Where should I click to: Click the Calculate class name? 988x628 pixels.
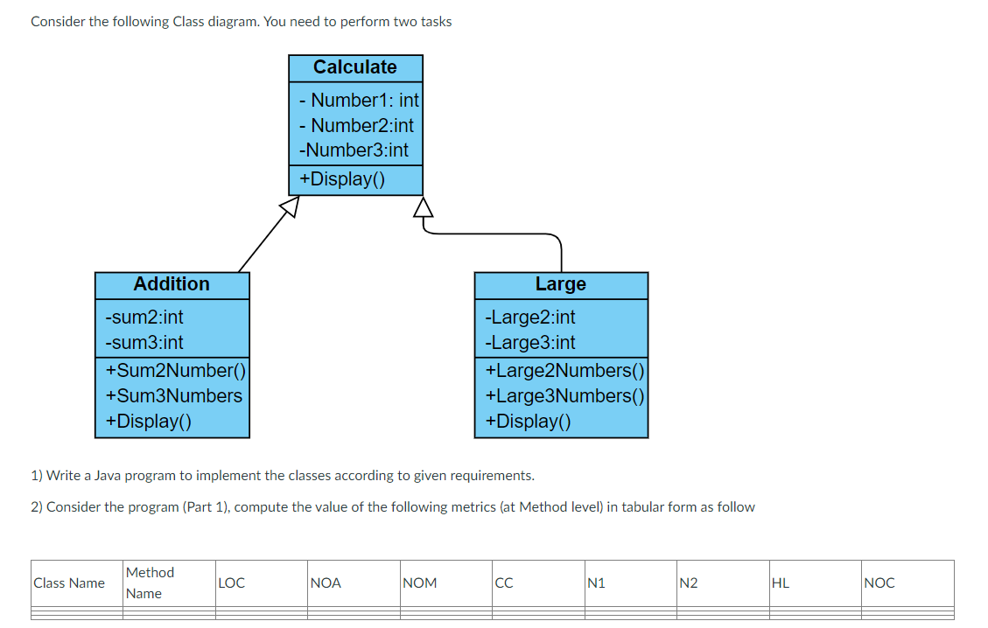click(x=355, y=67)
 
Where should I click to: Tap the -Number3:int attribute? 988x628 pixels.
click(x=354, y=150)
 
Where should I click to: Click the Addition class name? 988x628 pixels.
click(x=172, y=284)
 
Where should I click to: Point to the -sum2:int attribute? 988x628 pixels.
click(x=144, y=317)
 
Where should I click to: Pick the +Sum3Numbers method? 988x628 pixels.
click(x=174, y=395)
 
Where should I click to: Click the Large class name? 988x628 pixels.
click(x=561, y=284)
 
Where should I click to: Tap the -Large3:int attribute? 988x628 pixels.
click(x=531, y=342)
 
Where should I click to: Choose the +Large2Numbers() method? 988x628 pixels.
click(x=564, y=370)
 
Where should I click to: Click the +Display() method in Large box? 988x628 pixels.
click(x=528, y=421)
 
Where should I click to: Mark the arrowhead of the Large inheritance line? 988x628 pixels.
click(x=424, y=206)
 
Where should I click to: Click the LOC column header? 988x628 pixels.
click(x=232, y=583)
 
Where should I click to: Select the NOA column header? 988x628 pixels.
click(x=326, y=583)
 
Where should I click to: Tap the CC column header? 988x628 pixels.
click(x=504, y=583)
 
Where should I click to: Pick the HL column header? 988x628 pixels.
click(x=781, y=583)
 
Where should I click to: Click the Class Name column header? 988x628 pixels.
click(x=69, y=583)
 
